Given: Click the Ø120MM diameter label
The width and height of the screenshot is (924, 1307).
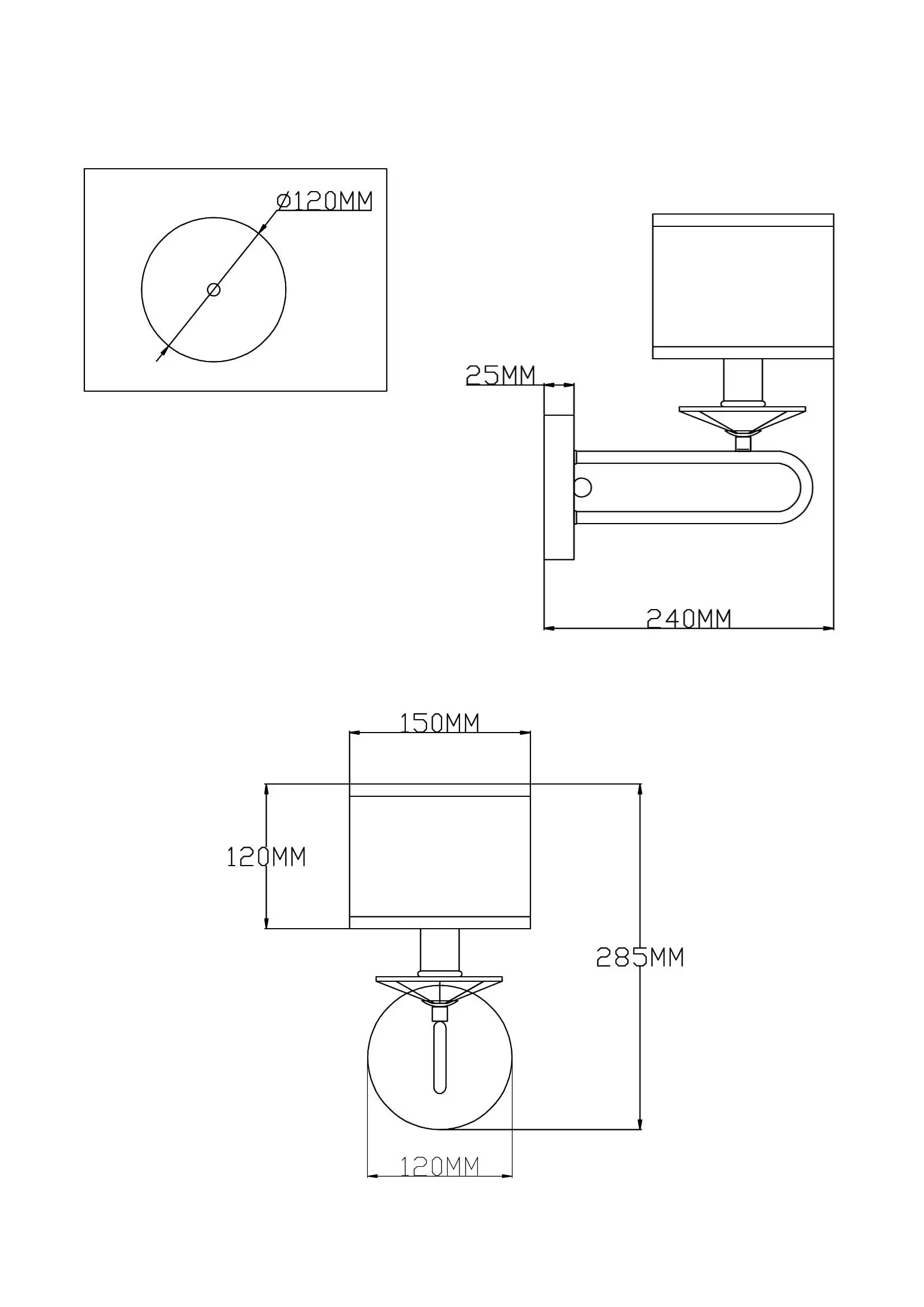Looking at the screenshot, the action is tap(325, 201).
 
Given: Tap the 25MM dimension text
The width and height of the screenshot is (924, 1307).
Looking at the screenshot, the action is tap(500, 375).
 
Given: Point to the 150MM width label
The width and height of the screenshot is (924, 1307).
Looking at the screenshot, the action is tap(439, 723).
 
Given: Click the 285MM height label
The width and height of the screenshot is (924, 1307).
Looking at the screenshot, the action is tap(640, 958).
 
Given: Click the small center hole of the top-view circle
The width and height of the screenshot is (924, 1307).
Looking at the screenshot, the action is tap(214, 290).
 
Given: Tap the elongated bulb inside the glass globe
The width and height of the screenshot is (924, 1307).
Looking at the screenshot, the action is tap(439, 1058).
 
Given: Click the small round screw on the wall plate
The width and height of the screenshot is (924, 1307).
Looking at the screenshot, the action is tap(584, 488).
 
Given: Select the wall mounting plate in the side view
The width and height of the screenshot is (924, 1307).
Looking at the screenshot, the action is tap(559, 488).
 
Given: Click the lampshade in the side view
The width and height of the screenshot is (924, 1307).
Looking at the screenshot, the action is tap(743, 286).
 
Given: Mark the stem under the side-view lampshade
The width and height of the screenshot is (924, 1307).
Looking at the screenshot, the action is tap(743, 382).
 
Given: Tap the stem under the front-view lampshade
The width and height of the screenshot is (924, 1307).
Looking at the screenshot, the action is tap(439, 952).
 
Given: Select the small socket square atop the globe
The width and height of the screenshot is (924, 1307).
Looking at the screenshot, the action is tap(439, 1014).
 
